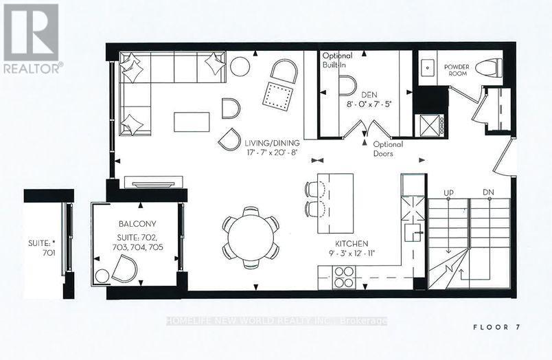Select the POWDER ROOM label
[457, 71]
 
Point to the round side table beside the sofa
[240, 67]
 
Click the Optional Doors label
[388, 149]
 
